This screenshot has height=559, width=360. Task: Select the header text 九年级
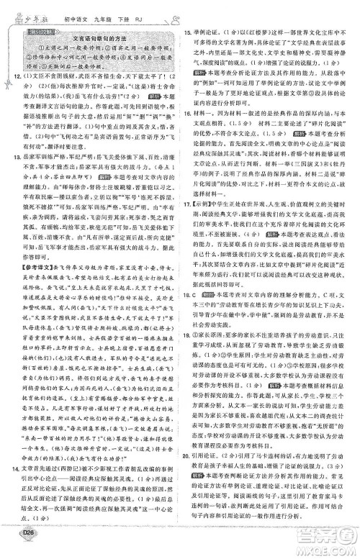(x=96, y=11)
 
